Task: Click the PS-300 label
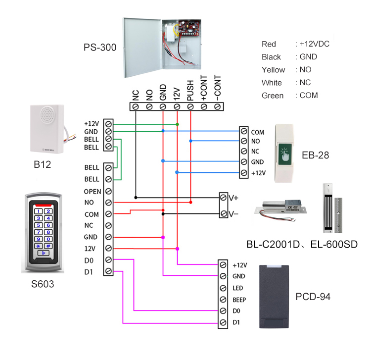pos(100,48)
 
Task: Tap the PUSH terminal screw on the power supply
pos(190,106)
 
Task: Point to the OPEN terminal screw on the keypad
pos(108,191)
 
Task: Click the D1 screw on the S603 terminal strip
pos(108,271)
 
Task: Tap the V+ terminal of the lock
pos(224,197)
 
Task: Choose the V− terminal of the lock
pos(224,214)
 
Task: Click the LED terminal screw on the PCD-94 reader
pos(224,288)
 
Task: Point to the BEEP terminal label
pos(239,300)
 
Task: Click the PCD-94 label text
pos(313,297)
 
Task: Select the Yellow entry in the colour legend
pos(274,70)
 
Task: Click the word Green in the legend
pos(273,96)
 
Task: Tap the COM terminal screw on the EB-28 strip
pos(243,132)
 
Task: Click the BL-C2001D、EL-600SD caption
pos(302,244)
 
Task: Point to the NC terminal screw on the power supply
pos(135,106)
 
